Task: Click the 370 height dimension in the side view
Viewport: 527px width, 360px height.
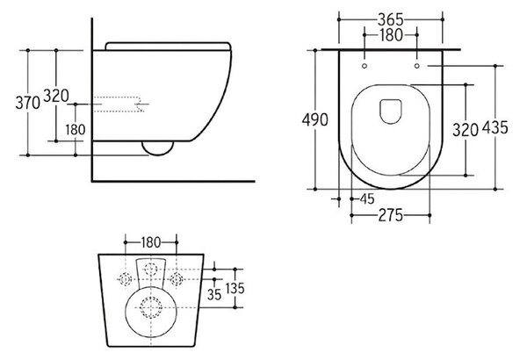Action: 28,103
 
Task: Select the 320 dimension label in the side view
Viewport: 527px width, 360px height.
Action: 56,96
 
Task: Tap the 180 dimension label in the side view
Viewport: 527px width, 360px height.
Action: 76,129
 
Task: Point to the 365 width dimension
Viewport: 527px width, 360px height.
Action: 391,19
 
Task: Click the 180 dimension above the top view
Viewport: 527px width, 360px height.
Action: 391,35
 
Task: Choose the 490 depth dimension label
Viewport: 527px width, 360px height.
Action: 315,119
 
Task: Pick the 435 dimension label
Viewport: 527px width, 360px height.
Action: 495,127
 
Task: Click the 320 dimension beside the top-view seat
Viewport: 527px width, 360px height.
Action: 466,130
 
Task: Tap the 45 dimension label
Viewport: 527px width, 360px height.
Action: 367,199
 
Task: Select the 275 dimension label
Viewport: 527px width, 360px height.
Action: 391,215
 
